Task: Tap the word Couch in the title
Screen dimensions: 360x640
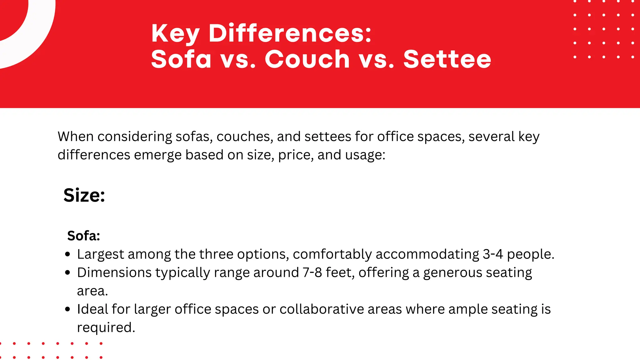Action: point(307,59)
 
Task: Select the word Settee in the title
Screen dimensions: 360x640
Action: point(447,59)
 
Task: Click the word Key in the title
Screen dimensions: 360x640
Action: point(175,34)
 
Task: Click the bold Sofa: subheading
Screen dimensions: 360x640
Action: point(83,236)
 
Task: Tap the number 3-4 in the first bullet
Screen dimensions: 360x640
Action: point(492,254)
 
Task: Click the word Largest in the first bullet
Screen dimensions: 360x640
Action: point(100,254)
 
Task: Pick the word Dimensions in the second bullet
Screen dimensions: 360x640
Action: point(114,272)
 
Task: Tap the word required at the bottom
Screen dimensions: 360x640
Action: point(106,328)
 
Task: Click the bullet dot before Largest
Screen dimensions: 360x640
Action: point(67,254)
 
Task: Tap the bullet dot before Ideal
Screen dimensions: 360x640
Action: point(67,309)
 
